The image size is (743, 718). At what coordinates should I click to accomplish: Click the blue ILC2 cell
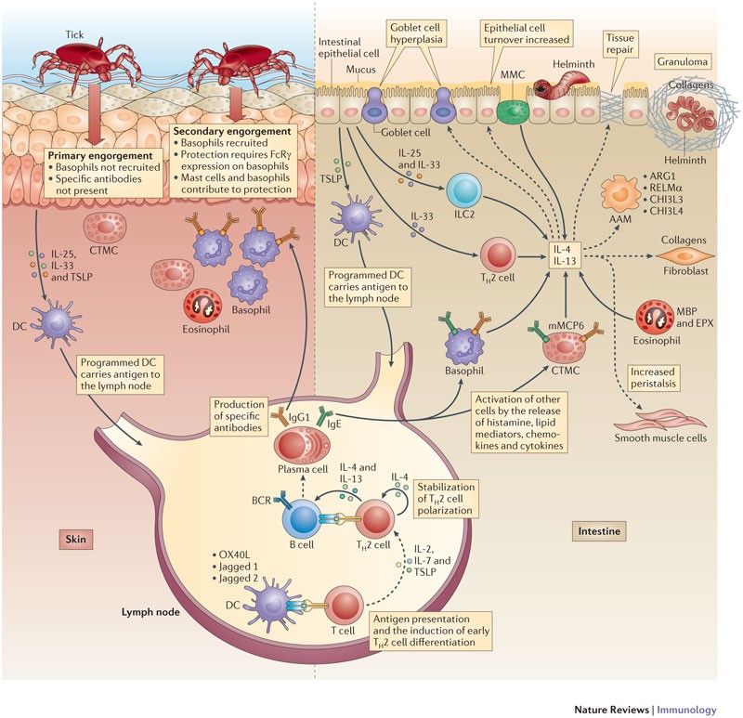pos(463,191)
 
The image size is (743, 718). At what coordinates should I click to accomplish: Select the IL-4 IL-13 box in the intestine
pos(565,255)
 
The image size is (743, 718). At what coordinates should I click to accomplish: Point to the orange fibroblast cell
pos(685,256)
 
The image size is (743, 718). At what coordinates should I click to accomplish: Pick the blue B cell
pos(301,518)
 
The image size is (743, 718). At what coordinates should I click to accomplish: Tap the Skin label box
pos(76,540)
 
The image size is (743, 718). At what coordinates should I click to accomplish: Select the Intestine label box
pos(599,531)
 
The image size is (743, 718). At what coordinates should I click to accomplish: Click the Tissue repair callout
pos(619,44)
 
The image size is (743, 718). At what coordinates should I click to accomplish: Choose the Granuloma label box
pos(683,61)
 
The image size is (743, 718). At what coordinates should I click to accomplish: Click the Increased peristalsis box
pos(653,378)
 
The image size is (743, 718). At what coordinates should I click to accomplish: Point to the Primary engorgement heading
pos(100,156)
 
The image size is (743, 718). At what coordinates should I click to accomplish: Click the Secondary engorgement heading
pos(232,131)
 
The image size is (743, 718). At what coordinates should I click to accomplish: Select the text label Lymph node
pos(150,612)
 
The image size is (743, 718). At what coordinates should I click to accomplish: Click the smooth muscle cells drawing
pos(659,420)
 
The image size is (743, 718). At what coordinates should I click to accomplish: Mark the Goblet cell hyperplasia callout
pos(415,33)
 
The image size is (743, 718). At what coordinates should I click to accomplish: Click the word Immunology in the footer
pos(686,710)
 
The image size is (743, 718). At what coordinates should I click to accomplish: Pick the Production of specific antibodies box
pos(238,416)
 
